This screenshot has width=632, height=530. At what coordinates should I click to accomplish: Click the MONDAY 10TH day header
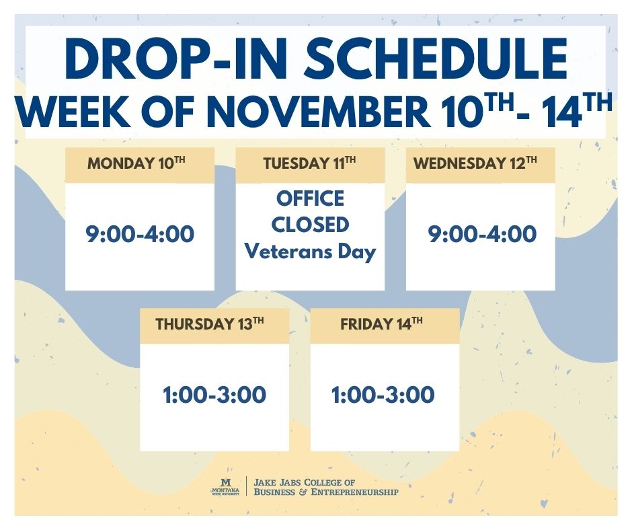point(139,163)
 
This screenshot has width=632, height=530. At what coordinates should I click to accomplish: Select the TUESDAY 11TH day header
point(309,163)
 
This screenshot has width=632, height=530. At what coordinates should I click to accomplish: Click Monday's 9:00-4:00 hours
point(140,234)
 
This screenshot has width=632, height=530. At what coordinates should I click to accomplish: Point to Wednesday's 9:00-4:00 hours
point(483,234)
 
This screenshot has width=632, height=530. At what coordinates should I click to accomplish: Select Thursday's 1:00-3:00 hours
point(214,395)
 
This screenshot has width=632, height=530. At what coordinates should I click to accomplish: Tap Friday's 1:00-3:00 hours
point(383,395)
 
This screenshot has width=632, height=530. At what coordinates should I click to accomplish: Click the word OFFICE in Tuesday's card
point(310,199)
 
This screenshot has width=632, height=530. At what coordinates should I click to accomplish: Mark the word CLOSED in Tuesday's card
point(310,225)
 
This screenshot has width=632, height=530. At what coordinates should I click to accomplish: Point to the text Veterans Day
point(310,252)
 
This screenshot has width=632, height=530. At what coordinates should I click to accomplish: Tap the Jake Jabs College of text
point(304,482)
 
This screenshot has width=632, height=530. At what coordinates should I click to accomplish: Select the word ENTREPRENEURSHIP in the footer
point(356,492)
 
